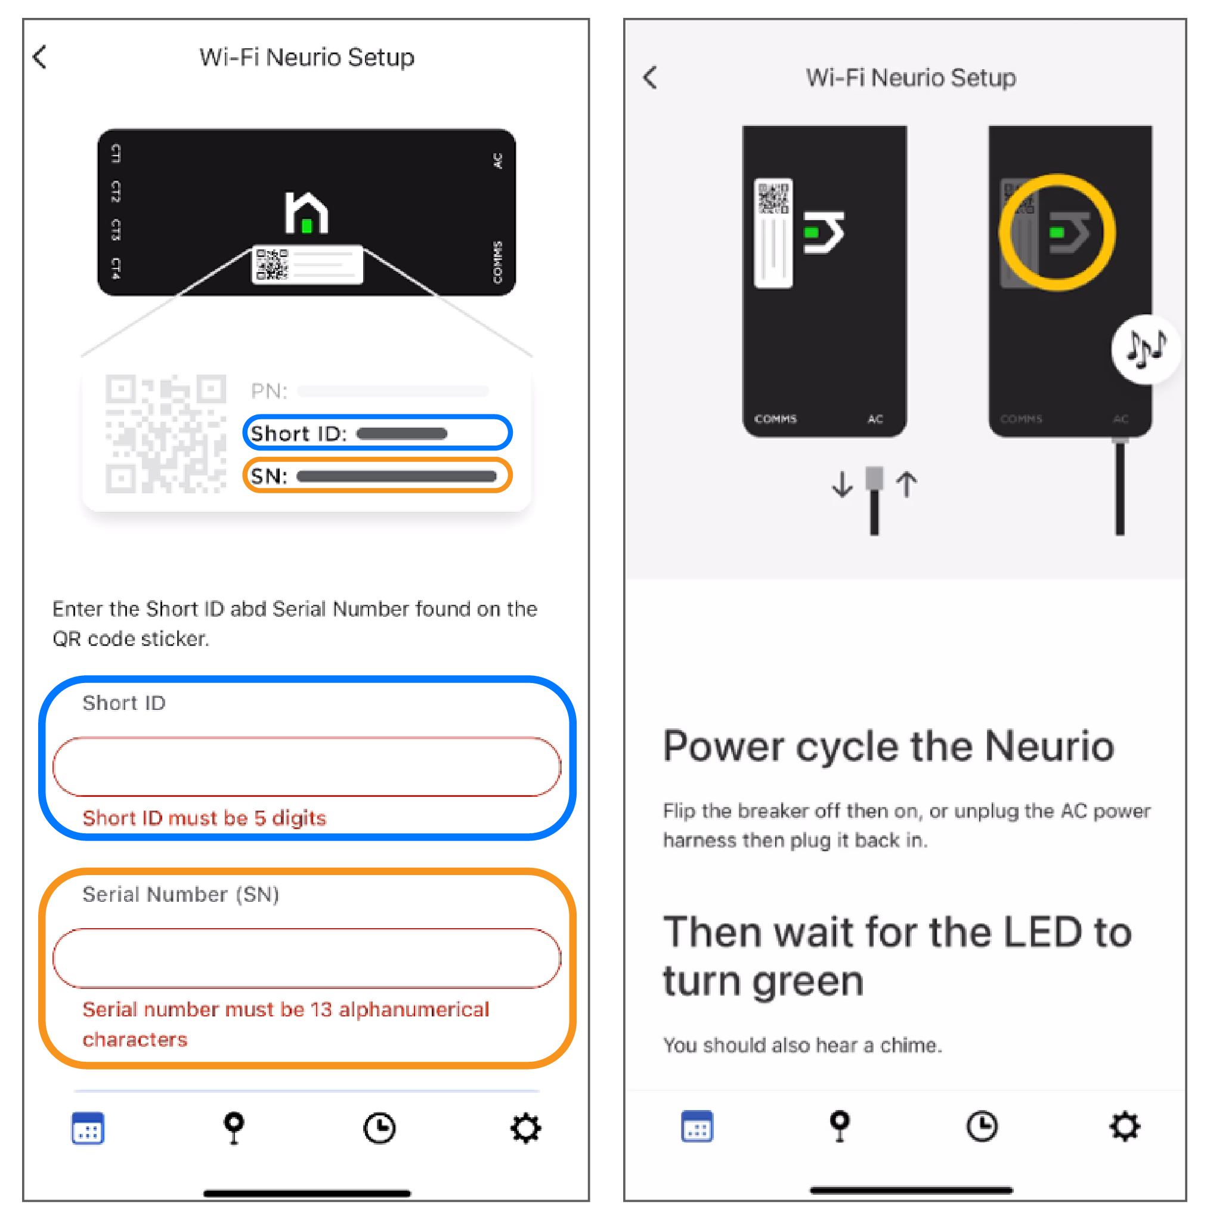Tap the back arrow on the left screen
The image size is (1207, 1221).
40,57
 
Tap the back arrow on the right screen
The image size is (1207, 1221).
649,78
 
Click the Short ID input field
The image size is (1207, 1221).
307,766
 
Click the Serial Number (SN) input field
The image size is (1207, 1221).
307,957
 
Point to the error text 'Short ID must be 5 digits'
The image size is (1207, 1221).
204,818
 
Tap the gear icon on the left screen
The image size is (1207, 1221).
525,1128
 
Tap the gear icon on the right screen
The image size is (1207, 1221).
1125,1126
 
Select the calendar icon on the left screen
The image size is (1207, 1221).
88,1128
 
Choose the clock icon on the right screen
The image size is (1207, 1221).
982,1126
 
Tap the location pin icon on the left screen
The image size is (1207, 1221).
234,1128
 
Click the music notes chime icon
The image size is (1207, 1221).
1145,349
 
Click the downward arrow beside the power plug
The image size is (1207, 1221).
842,485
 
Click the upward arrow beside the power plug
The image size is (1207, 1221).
906,485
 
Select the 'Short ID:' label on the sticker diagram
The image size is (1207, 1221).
298,433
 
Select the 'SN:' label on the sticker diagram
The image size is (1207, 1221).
268,475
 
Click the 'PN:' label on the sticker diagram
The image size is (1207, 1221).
269,391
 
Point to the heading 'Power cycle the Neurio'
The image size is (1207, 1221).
888,746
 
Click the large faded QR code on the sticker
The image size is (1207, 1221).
165,434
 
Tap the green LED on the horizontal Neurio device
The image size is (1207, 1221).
307,225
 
